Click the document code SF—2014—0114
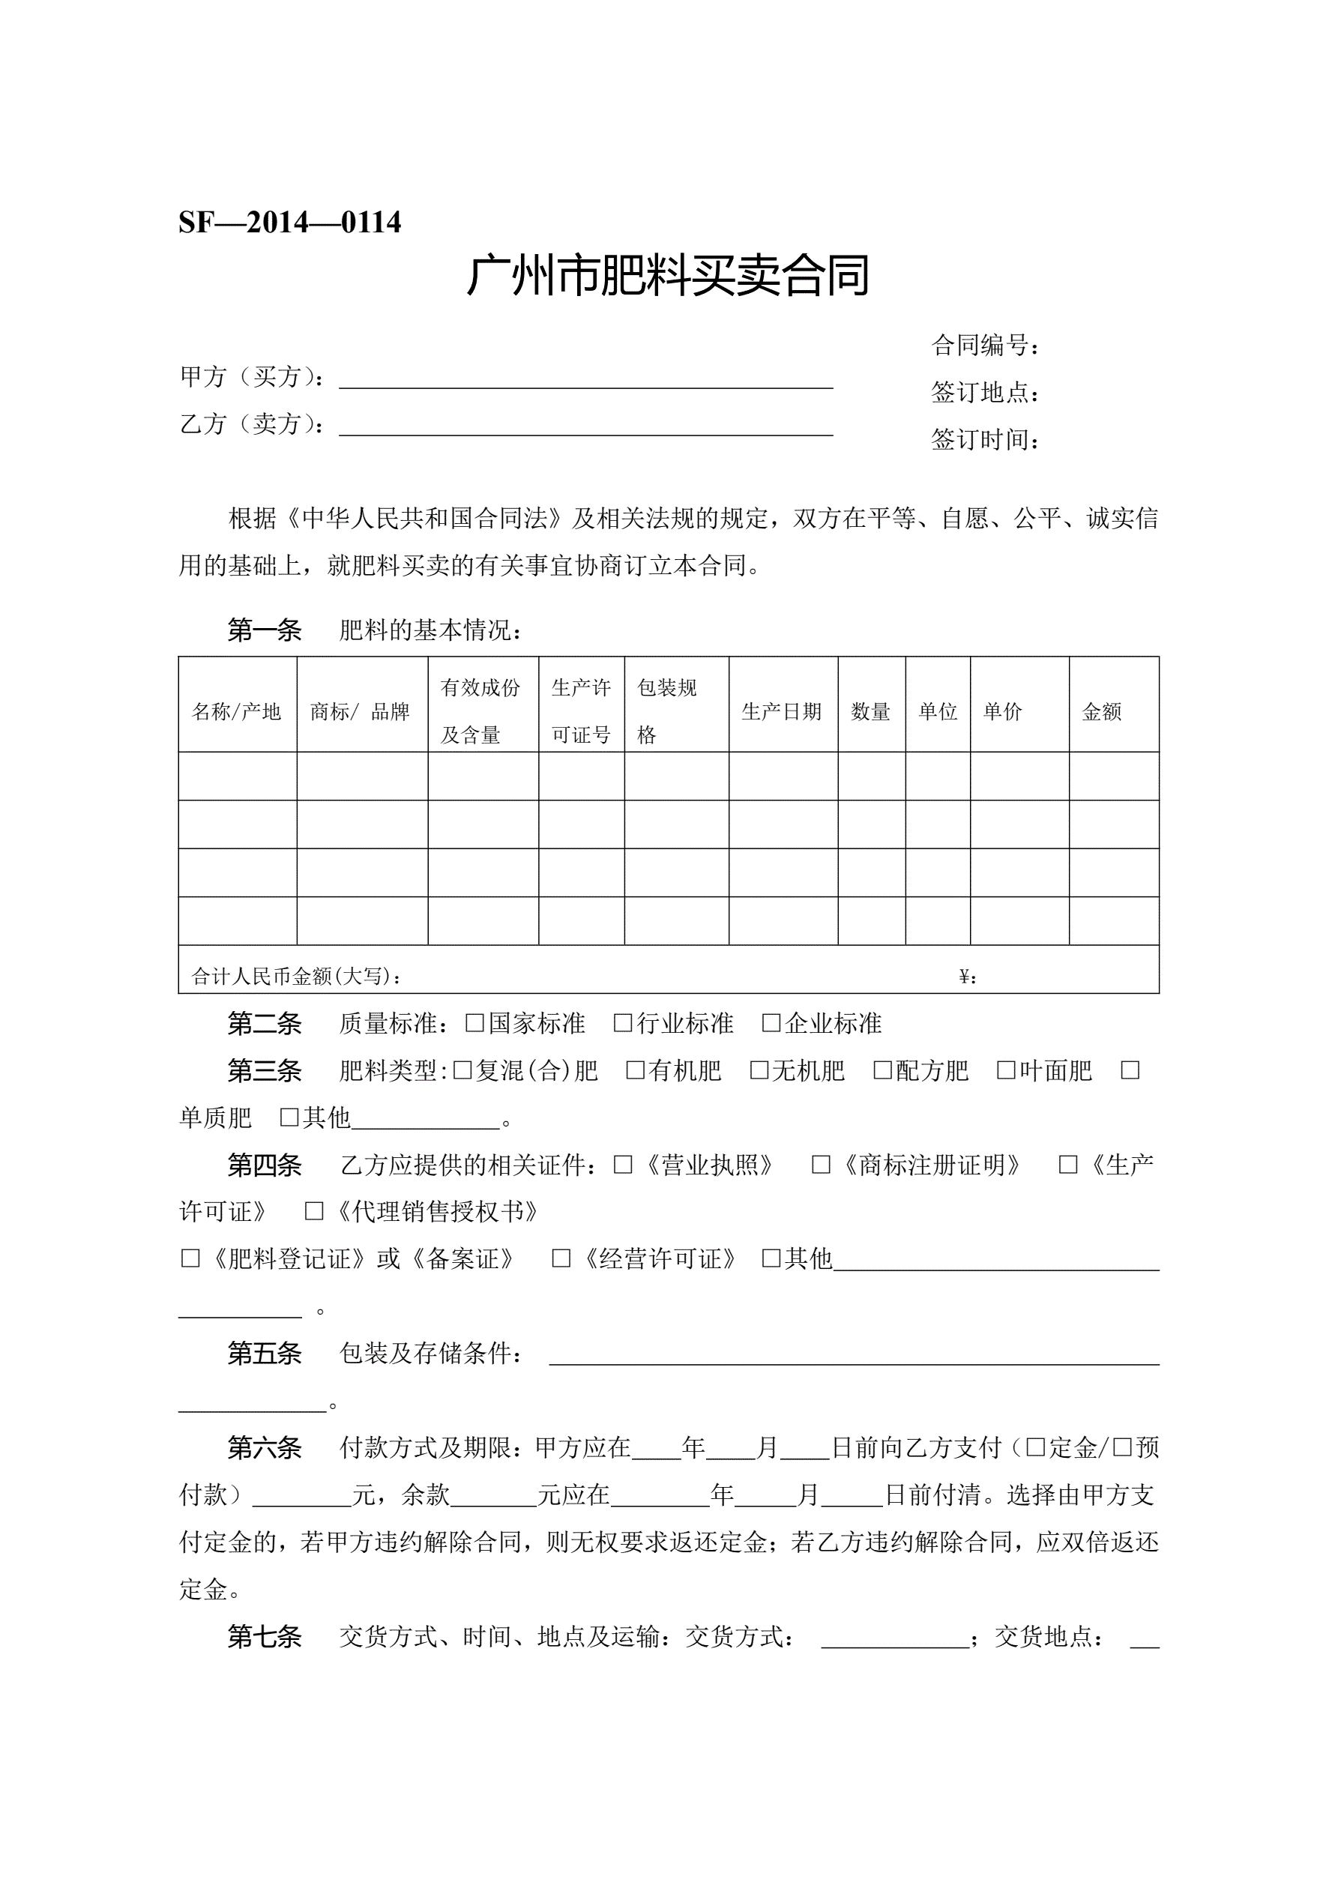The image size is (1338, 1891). pos(289,223)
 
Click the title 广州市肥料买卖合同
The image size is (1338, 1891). pos(668,275)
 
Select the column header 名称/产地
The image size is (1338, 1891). pos(236,711)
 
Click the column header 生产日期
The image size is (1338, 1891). pos(782,711)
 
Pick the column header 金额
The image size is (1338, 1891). pos(1102,711)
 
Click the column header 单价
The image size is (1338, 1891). pos(1002,711)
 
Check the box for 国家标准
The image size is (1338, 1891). pos(474,1023)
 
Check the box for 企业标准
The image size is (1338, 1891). pos(771,1023)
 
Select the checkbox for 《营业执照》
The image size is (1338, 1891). pos(623,1165)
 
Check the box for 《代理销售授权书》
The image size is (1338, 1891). pos(314,1211)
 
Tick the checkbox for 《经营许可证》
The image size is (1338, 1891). pos(561,1258)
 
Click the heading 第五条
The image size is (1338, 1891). pos(265,1353)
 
